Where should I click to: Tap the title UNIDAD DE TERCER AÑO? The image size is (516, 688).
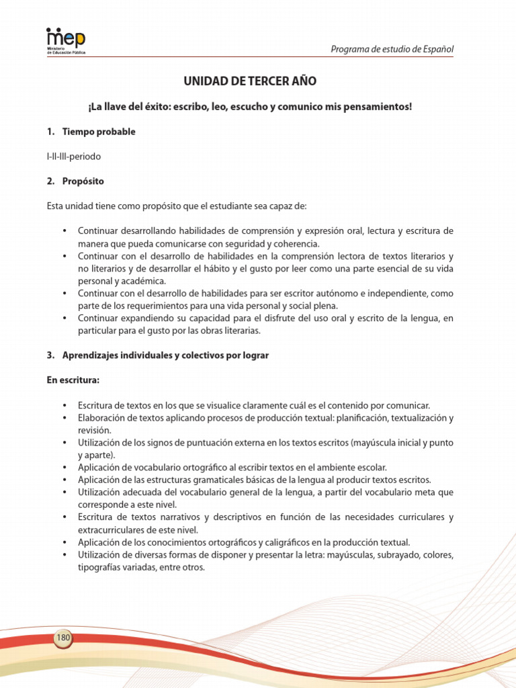click(250, 81)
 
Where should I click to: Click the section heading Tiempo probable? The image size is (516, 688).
click(99, 132)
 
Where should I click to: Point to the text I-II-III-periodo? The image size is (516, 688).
click(74, 157)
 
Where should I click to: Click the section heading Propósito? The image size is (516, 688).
click(83, 181)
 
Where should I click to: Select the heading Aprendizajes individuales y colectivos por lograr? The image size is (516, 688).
click(165, 355)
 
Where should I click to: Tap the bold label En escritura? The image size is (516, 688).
click(73, 380)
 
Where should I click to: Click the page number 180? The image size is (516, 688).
click(64, 637)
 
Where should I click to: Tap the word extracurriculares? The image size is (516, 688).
click(111, 529)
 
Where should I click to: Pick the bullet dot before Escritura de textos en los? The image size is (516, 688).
click(64, 405)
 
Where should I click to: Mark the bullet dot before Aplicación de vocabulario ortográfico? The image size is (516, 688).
click(64, 468)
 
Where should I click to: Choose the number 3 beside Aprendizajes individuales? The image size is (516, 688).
click(50, 355)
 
